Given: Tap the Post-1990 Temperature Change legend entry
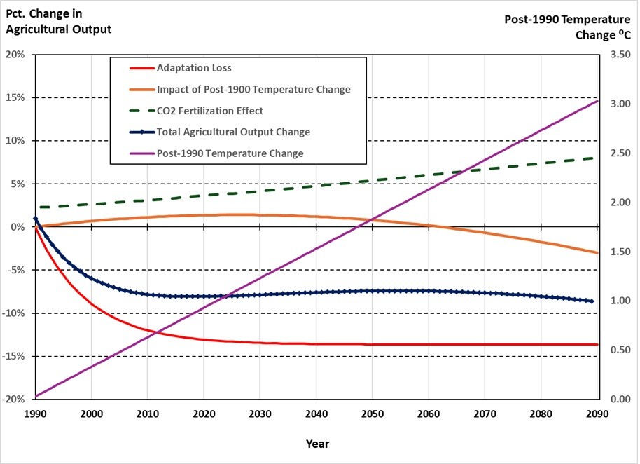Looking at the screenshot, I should tap(230, 153).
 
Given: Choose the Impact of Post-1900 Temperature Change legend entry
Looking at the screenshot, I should tap(253, 89).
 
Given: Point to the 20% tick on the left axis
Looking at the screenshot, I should tap(15, 55).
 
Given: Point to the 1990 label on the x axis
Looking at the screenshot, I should tap(35, 414).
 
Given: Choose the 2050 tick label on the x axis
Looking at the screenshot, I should tap(372, 414).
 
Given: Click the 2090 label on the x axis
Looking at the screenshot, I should tap(597, 414).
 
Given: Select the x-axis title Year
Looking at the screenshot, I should tap(316, 444).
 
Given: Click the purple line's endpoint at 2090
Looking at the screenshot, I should tap(597, 101).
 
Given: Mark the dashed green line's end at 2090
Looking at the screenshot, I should tap(597, 158).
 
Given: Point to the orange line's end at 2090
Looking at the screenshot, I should tap(597, 252).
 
